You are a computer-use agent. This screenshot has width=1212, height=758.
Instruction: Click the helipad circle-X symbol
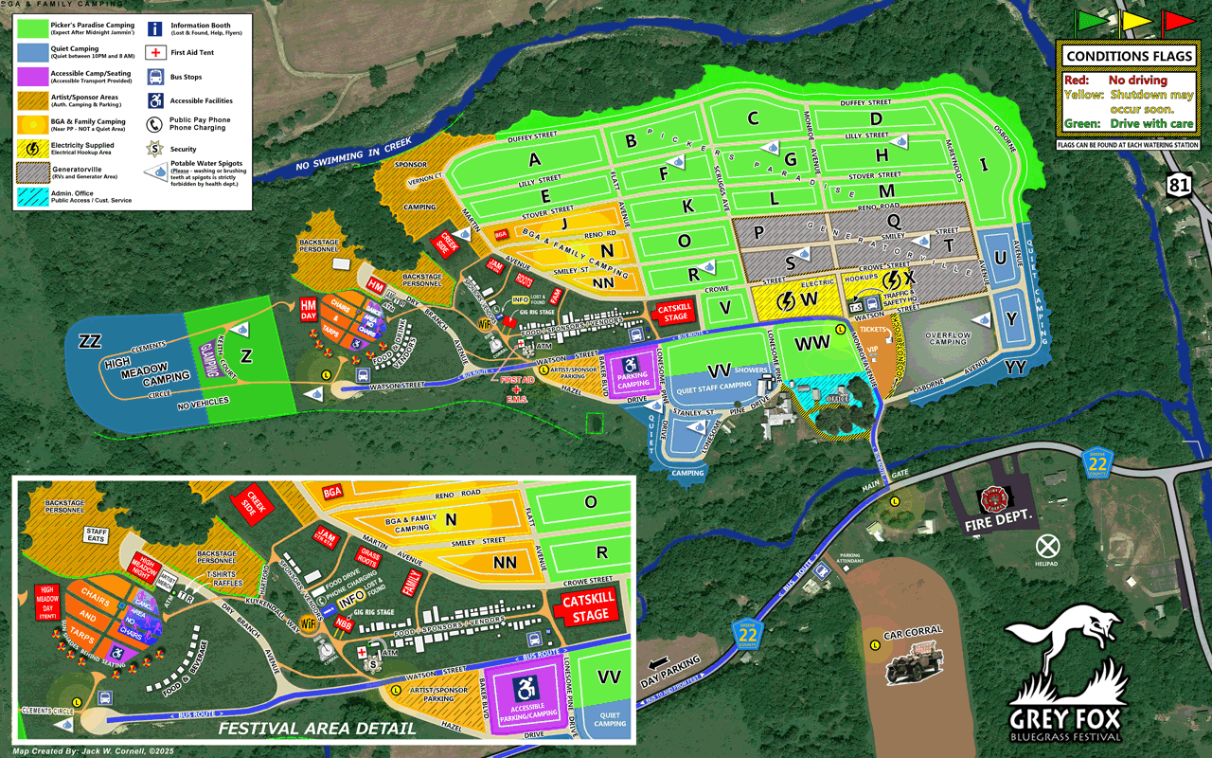pos(1047,546)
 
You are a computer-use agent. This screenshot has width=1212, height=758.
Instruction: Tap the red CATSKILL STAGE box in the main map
pos(675,312)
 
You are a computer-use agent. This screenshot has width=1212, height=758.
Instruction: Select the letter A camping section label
pos(535,158)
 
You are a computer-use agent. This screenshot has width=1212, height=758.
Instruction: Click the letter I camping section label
pos(983,165)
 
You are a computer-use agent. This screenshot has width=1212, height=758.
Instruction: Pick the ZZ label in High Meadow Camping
pos(90,340)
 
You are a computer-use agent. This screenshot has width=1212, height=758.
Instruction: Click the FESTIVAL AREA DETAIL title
pos(316,729)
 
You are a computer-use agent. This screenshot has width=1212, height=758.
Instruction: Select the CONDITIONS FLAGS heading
pos(1127,57)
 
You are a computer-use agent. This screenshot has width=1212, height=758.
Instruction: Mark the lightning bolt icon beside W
pos(785,300)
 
